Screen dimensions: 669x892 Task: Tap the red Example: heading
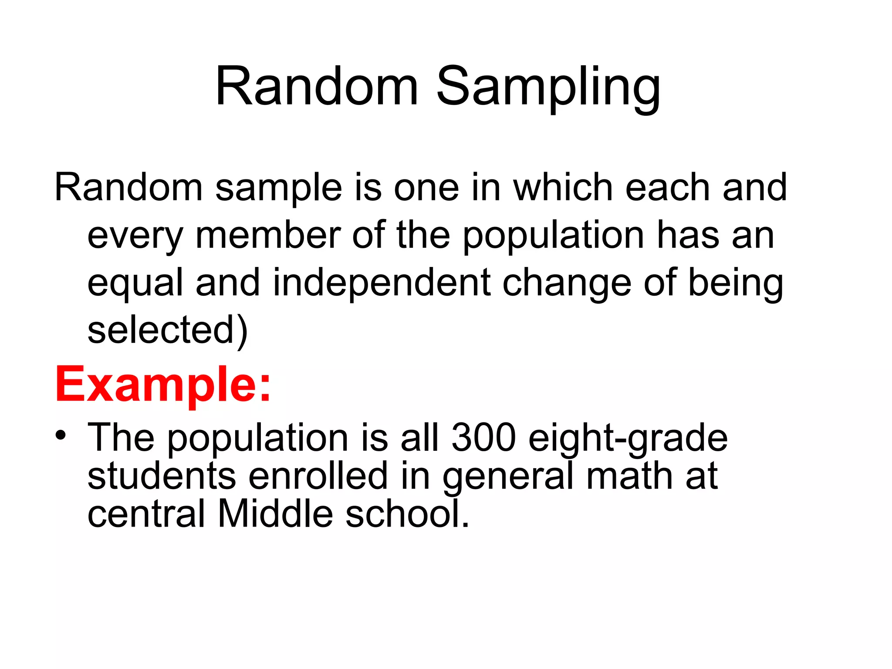coord(163,385)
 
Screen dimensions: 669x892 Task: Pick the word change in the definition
coord(567,283)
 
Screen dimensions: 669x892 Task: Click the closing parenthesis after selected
coord(243,331)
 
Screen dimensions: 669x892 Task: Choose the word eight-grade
coord(628,438)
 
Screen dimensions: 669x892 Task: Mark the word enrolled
coord(318,476)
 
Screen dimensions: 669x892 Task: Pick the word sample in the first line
coord(279,189)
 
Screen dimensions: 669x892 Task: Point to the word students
coord(162,476)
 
